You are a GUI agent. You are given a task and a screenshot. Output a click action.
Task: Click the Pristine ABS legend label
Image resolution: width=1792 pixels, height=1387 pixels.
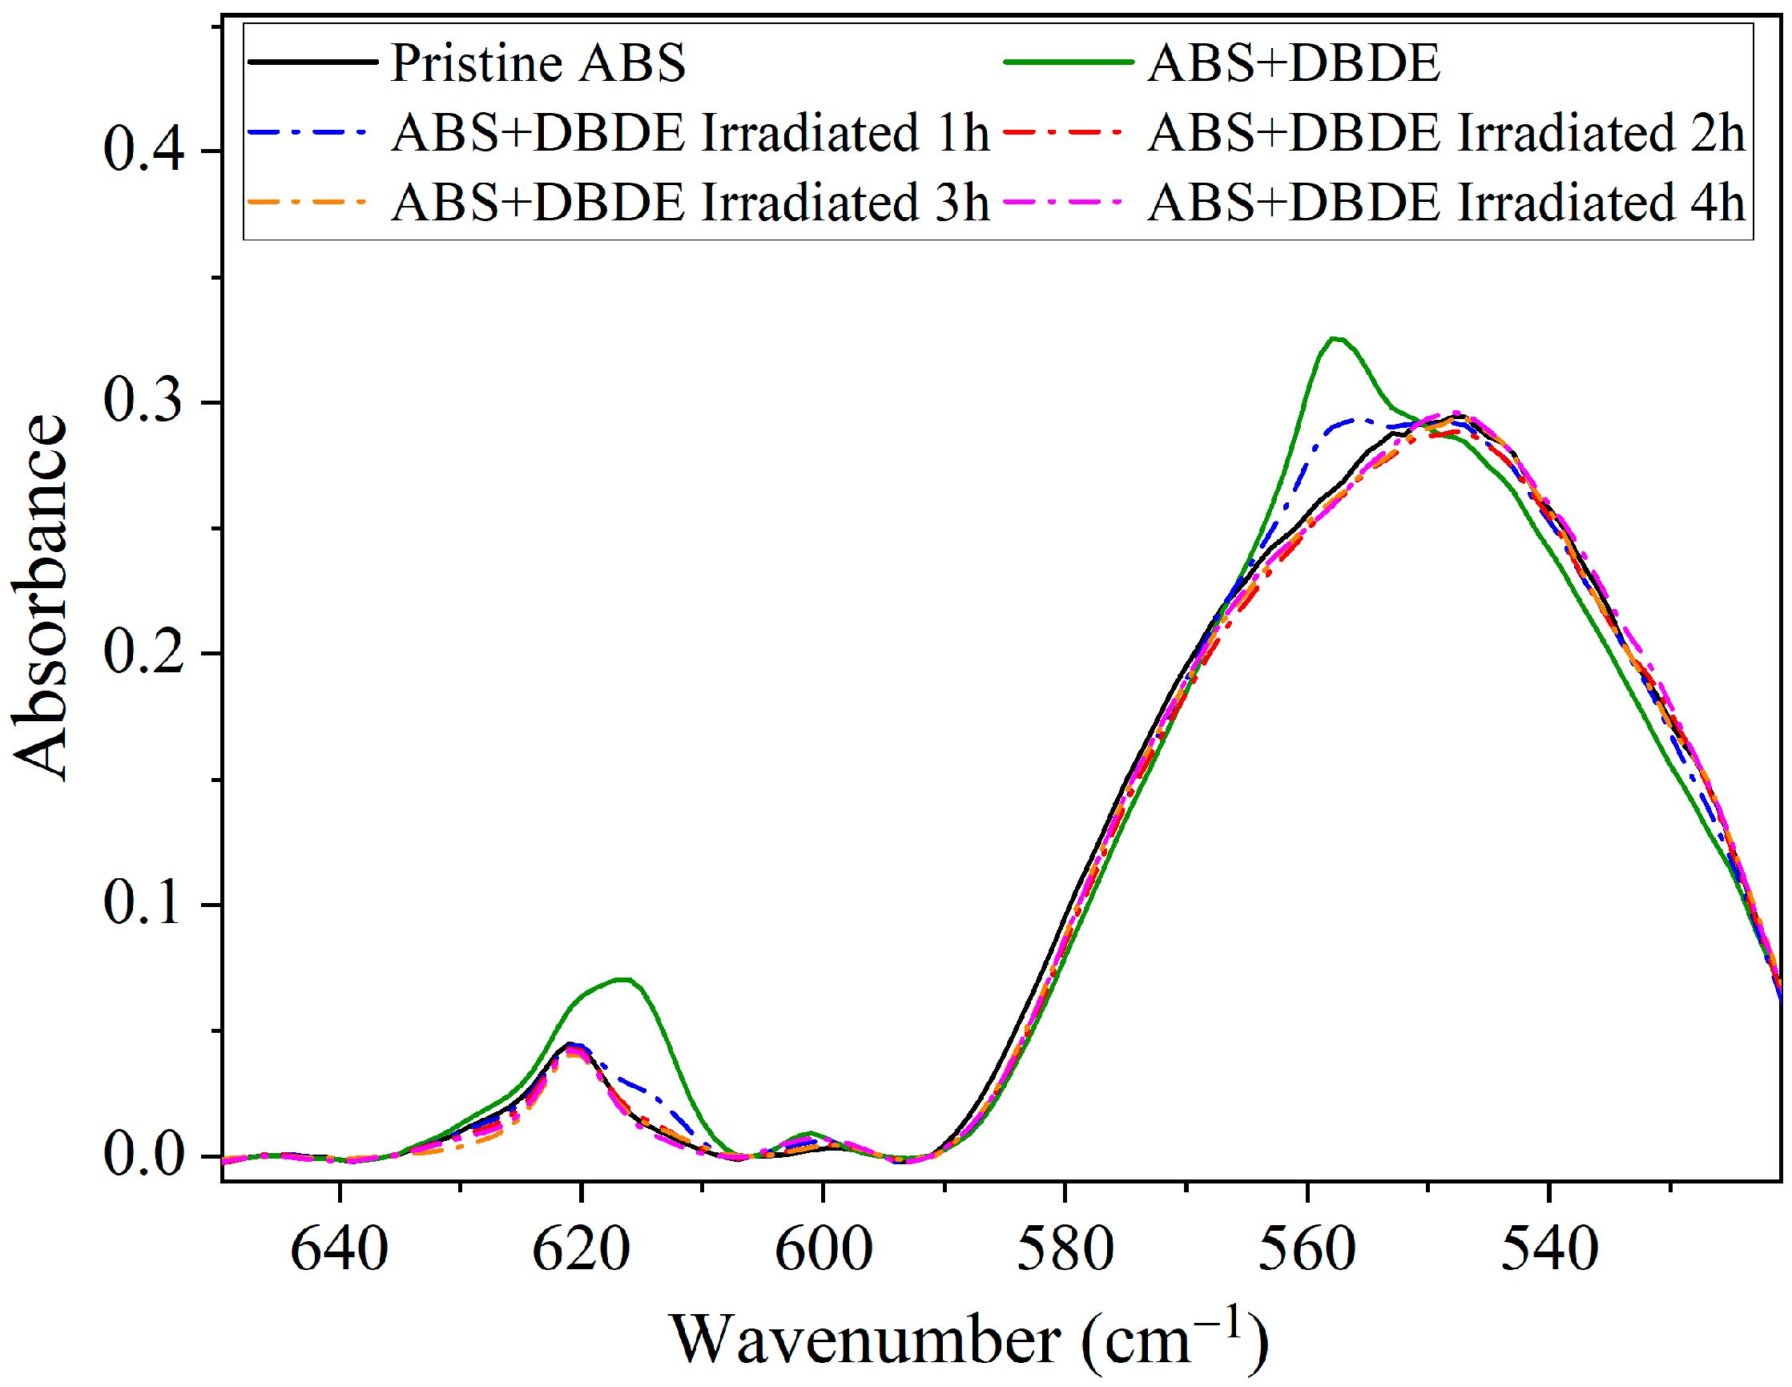point(538,63)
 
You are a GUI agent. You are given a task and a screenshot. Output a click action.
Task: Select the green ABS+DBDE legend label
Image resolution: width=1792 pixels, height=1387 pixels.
point(1294,63)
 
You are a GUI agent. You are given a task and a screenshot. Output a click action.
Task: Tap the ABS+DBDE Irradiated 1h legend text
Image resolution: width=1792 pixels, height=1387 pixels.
point(690,133)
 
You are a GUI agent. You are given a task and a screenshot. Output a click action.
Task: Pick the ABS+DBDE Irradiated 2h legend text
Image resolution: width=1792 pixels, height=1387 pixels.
point(1446,133)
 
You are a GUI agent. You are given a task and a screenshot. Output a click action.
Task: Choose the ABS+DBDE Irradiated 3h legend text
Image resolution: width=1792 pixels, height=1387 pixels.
point(690,203)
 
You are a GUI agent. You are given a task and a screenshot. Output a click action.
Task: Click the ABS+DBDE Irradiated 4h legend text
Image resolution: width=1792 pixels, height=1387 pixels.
point(1446,203)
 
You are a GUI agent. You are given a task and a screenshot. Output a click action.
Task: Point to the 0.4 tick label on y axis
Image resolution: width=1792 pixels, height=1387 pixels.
point(143,151)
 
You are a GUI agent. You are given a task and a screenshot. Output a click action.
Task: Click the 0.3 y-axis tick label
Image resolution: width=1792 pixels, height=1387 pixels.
point(143,402)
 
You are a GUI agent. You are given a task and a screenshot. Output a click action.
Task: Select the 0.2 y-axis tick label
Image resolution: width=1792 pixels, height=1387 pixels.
point(143,654)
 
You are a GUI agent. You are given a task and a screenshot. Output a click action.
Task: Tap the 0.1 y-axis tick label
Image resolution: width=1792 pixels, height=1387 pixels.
point(143,905)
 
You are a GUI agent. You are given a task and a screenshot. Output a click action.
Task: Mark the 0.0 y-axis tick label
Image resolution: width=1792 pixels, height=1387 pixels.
point(143,1155)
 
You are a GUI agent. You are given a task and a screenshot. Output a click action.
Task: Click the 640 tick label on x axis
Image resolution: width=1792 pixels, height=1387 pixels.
point(340,1251)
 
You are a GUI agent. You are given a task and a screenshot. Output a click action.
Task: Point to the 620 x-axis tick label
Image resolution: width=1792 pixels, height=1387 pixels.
point(581,1251)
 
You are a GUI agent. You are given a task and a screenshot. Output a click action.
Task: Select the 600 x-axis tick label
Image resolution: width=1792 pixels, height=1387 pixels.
point(823,1251)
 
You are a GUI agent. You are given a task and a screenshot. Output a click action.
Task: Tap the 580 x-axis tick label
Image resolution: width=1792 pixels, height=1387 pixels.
point(1065,1251)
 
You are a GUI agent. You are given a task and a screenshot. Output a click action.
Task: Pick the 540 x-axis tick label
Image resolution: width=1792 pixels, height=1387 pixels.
point(1549,1251)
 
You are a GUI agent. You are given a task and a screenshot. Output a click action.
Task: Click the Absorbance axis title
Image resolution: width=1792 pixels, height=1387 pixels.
point(39,598)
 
